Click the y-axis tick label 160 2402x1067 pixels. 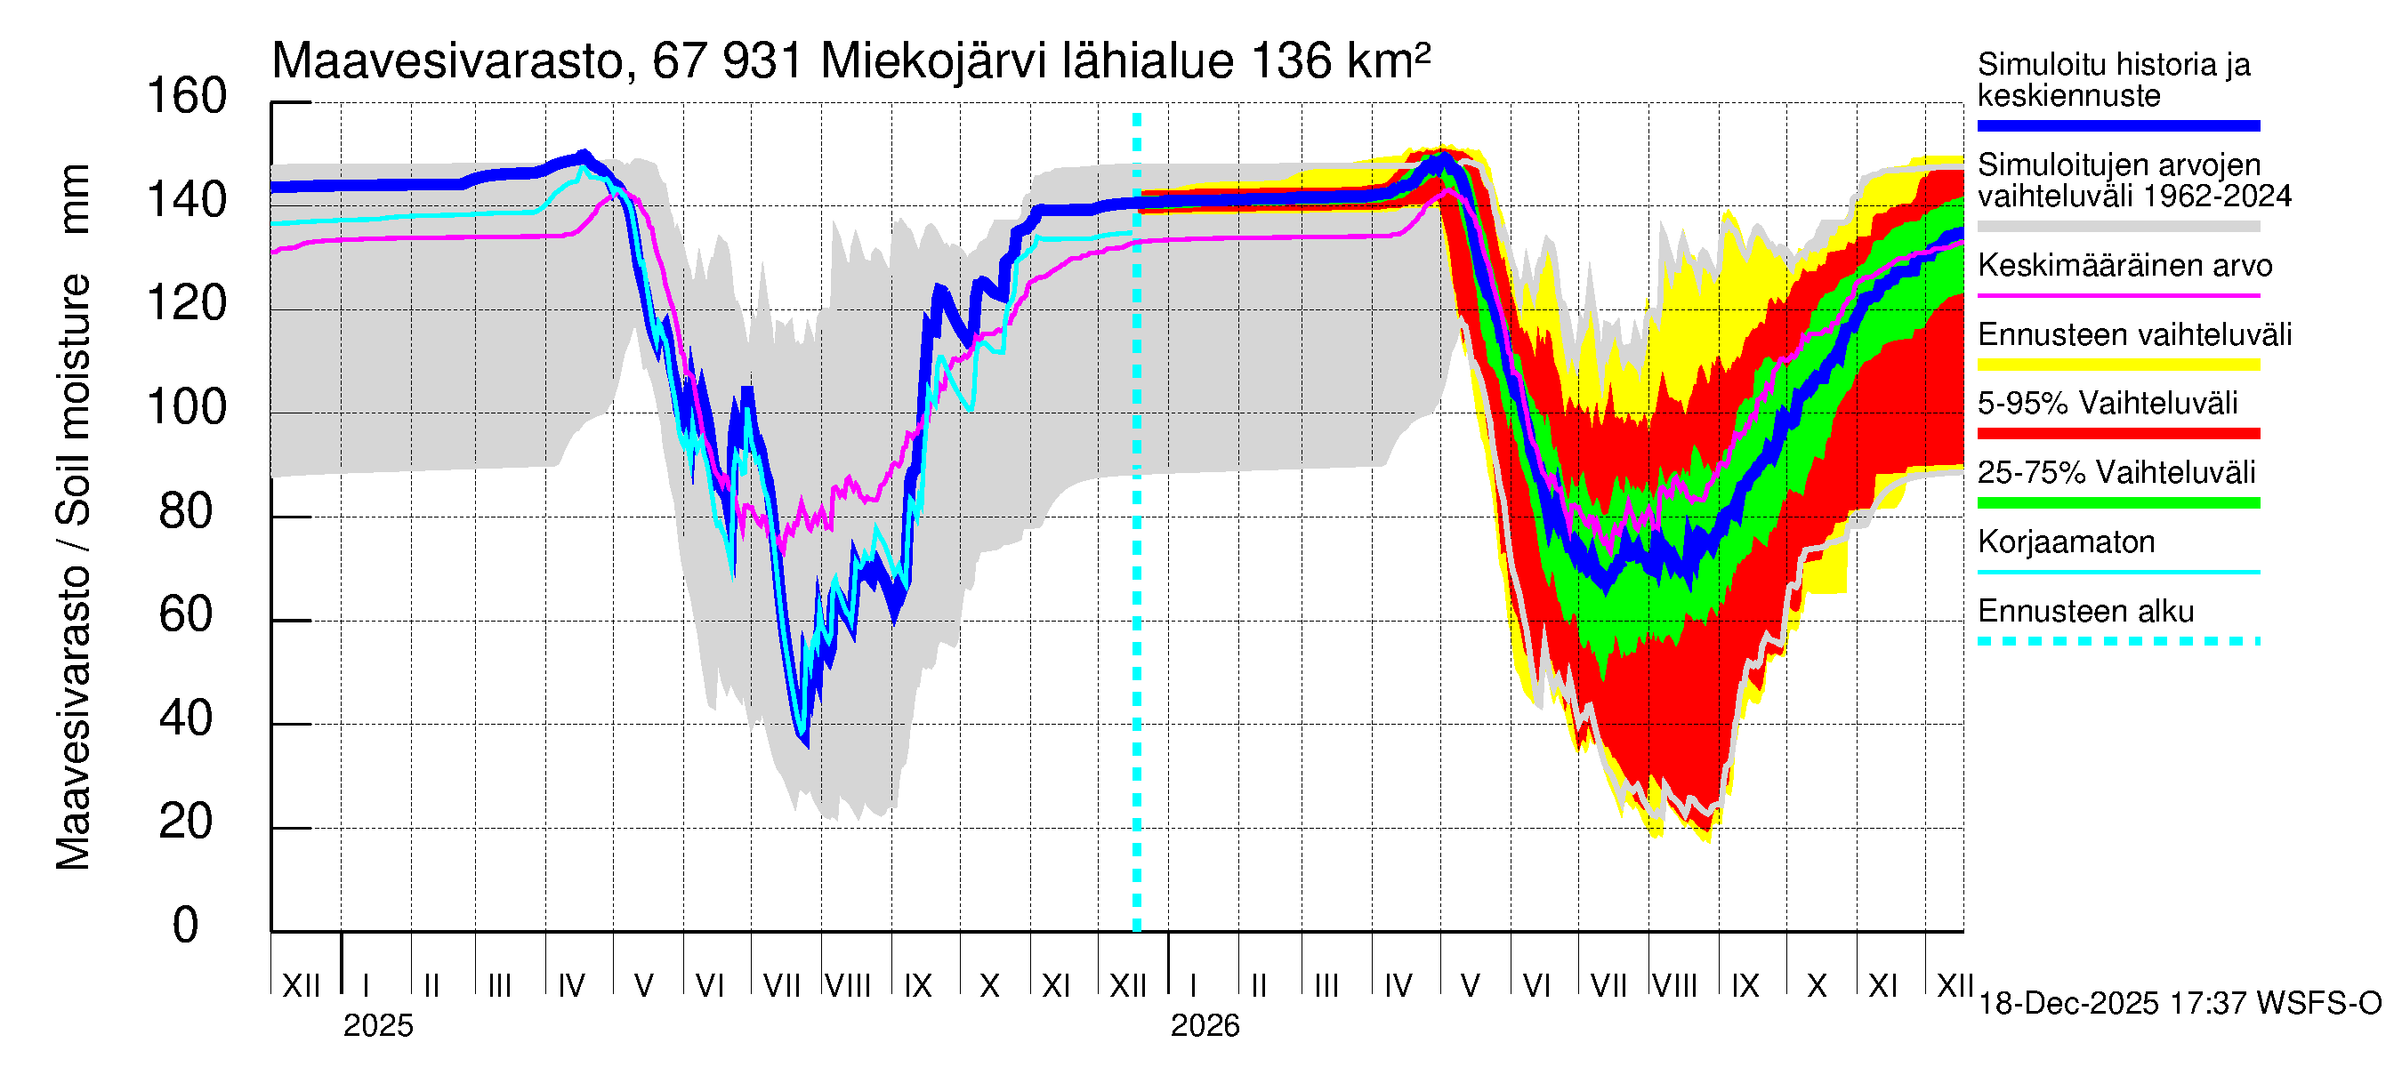pos(187,97)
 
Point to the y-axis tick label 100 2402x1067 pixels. pos(187,408)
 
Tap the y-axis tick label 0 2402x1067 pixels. pos(186,926)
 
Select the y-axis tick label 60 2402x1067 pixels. pos(187,615)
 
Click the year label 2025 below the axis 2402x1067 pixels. pos(377,1026)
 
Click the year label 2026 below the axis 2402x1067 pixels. pos(1205,1026)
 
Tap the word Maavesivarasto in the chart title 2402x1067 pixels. pos(447,62)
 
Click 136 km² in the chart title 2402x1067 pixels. pos(1339,61)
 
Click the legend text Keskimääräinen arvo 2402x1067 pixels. pos(2124,266)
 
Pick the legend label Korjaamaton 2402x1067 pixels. pos(2066,542)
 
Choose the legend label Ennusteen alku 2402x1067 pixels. pos(2085,612)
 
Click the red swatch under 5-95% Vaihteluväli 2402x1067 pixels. pos(2117,433)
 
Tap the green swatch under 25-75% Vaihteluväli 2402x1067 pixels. pos(2117,503)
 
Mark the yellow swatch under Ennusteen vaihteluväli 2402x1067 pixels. pos(2117,365)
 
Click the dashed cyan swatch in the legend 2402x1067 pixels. pos(2117,641)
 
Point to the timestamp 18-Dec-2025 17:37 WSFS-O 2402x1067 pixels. pos(2179,1004)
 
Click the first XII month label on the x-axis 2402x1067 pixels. pos(301,986)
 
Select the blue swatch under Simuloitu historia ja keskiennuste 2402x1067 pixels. pos(2117,125)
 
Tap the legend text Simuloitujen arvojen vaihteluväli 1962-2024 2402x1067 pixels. pos(2133,181)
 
